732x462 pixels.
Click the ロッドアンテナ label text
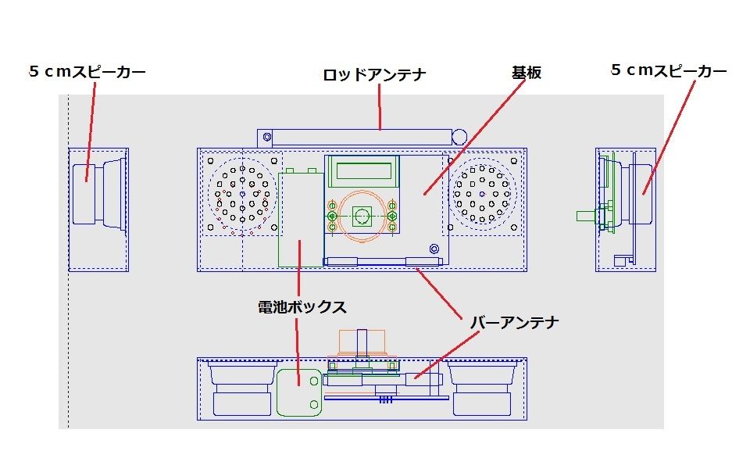pyautogui.click(x=374, y=75)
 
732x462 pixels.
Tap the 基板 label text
pyautogui.click(x=526, y=73)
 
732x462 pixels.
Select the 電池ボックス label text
pyautogui.click(x=302, y=306)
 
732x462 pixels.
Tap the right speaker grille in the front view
pyautogui.click(x=484, y=192)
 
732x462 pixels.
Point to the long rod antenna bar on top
pyautogui.click(x=355, y=136)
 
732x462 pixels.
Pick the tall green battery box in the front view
pyautogui.click(x=300, y=219)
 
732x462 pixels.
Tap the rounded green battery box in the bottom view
pyautogui.click(x=299, y=391)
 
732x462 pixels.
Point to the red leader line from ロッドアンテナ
pyautogui.click(x=380, y=107)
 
